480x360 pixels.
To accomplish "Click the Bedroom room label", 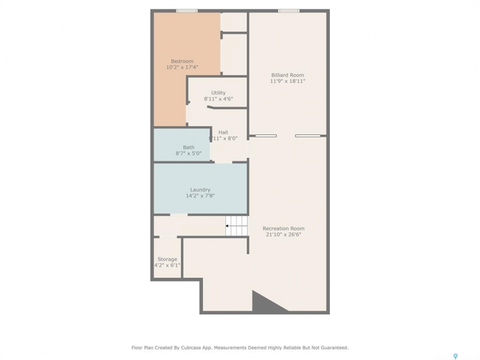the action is coord(182,61).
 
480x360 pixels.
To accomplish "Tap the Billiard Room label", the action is coord(287,75).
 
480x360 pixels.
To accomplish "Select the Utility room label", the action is coord(218,93).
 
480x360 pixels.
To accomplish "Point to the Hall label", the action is coord(223,132).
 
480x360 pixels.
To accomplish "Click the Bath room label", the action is coord(188,147).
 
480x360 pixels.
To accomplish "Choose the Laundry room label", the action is coord(200,190).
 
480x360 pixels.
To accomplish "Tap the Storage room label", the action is coord(167,259).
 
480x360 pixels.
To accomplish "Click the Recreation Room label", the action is coord(283,228).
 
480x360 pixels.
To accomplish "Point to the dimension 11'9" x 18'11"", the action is coord(287,81).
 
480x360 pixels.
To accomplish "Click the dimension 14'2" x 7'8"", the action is coord(200,196).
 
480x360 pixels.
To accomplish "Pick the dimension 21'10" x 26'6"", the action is coord(283,234).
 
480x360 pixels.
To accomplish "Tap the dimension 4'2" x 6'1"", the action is coord(167,265).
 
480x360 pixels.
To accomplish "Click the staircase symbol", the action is coord(236,226).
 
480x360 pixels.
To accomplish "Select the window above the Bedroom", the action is coord(186,11).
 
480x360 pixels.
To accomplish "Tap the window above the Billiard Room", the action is coord(288,11).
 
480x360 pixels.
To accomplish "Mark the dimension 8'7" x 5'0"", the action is coord(188,153).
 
